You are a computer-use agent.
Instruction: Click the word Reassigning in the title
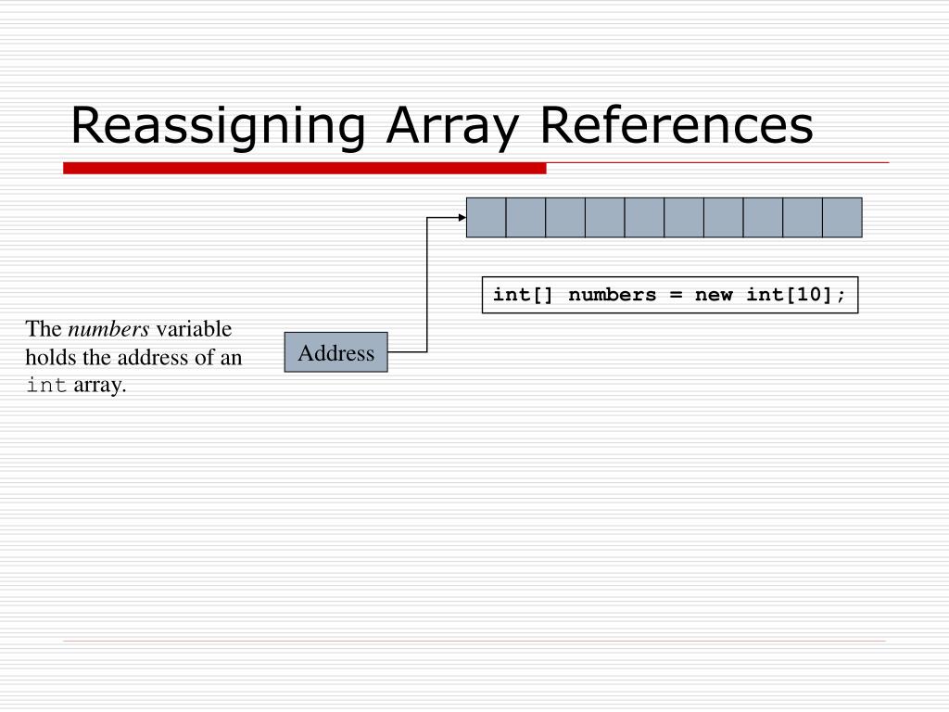[217, 127]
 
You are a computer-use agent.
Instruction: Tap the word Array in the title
[448, 127]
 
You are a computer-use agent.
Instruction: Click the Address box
[335, 352]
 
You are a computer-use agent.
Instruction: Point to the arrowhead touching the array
[462, 218]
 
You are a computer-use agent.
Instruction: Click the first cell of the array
[487, 218]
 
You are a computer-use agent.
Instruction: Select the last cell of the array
[841, 218]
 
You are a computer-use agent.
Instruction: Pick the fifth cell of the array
[644, 218]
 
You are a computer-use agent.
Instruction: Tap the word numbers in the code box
[612, 295]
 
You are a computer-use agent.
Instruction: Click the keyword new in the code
[713, 295]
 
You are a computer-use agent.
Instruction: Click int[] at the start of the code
[524, 295]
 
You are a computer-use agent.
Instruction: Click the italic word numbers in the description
[108, 329]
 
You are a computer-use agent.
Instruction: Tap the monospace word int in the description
[45, 386]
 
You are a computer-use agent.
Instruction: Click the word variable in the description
[194, 329]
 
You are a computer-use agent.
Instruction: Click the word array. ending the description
[99, 385]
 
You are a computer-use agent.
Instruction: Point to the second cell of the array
[525, 218]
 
